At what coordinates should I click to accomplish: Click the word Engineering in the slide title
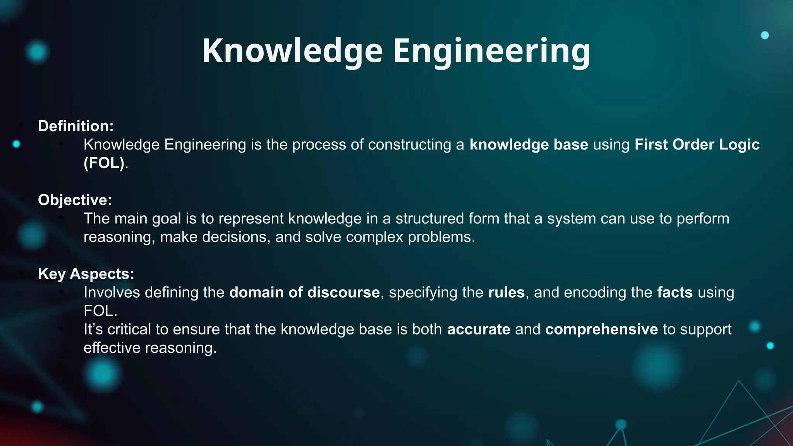click(x=492, y=51)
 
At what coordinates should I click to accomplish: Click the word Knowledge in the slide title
click(x=292, y=51)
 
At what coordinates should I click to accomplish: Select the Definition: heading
click(x=76, y=126)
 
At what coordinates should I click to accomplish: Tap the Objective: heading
click(x=75, y=200)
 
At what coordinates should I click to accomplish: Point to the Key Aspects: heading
click(x=86, y=274)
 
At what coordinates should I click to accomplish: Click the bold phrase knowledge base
click(x=529, y=144)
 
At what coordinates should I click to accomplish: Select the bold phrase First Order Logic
click(x=697, y=144)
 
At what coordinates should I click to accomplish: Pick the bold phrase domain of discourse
click(x=304, y=292)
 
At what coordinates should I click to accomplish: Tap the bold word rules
click(x=506, y=292)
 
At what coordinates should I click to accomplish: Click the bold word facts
click(x=675, y=292)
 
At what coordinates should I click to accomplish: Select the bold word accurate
click(x=479, y=329)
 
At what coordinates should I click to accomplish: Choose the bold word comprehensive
click(x=601, y=329)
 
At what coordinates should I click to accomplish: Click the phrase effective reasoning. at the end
click(x=150, y=348)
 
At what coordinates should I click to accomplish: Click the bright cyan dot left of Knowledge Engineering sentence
click(x=16, y=144)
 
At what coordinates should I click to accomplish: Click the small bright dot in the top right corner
click(x=765, y=35)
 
